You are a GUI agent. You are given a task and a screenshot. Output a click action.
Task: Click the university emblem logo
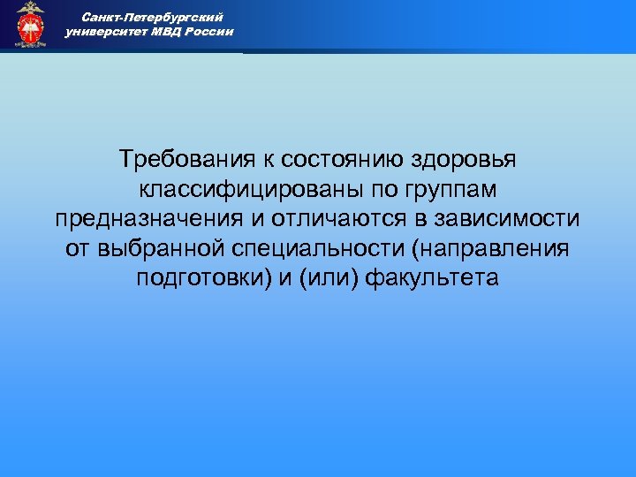[x=30, y=25]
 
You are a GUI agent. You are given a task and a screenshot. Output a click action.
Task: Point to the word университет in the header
[x=107, y=32]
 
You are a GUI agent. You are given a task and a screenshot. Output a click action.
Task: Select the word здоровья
[x=465, y=161]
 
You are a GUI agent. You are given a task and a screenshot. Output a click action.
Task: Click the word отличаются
[x=336, y=220]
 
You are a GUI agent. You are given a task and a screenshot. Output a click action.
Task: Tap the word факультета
[x=432, y=280]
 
